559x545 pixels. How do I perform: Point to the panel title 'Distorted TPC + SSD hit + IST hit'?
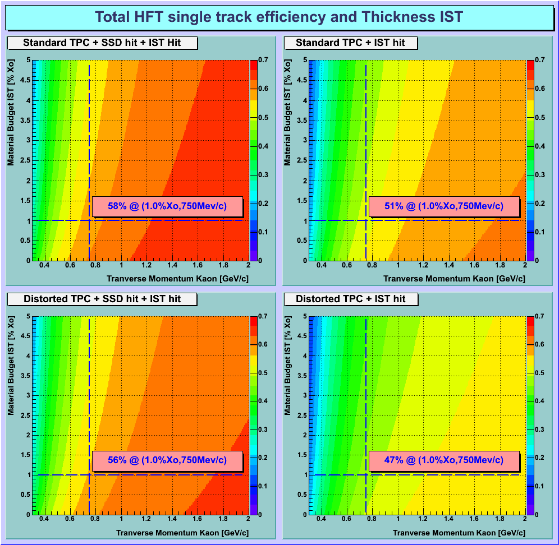click(x=102, y=299)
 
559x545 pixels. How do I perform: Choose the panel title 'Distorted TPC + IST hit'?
click(x=351, y=299)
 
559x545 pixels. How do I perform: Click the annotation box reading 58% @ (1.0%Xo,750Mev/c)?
click(x=167, y=206)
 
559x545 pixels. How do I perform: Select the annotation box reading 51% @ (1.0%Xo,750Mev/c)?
click(x=443, y=206)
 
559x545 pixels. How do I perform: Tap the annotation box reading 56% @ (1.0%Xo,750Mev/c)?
click(x=167, y=460)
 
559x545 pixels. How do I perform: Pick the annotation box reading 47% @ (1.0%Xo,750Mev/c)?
click(x=443, y=460)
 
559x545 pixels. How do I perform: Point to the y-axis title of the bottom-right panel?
click(x=287, y=365)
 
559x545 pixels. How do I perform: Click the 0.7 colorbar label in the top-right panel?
click(x=540, y=60)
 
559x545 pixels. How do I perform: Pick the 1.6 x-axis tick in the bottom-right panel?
click(x=474, y=521)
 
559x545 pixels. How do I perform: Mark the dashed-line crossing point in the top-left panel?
click(x=89, y=220)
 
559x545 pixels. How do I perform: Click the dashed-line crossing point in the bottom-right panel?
click(x=366, y=475)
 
